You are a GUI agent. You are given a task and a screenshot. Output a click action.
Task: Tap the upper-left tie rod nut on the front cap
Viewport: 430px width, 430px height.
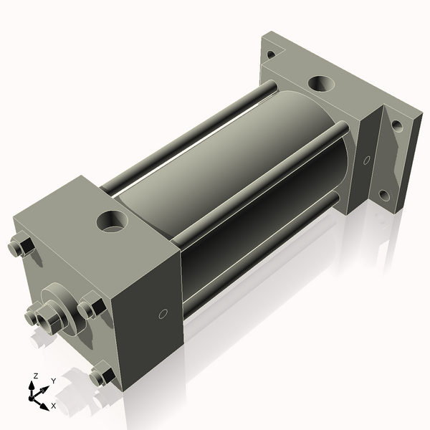(21, 247)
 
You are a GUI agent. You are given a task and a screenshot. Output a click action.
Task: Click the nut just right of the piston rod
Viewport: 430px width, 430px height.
(90, 309)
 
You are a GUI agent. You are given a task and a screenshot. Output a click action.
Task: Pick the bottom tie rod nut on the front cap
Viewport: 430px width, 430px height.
(101, 375)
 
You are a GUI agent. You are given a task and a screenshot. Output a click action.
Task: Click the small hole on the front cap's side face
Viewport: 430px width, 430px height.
(163, 314)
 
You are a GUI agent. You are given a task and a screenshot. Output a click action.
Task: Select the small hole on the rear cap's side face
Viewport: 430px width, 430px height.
(367, 160)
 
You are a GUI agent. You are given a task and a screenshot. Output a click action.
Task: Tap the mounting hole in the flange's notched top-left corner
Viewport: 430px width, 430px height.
(271, 54)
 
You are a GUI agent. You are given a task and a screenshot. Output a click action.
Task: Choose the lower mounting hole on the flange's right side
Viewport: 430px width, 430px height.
(384, 194)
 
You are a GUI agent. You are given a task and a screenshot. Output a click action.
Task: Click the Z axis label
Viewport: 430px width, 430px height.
(35, 376)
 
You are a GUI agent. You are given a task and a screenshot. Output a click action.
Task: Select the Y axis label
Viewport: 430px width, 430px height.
(53, 381)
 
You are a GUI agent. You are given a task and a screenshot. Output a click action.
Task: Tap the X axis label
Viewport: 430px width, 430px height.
(53, 406)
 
